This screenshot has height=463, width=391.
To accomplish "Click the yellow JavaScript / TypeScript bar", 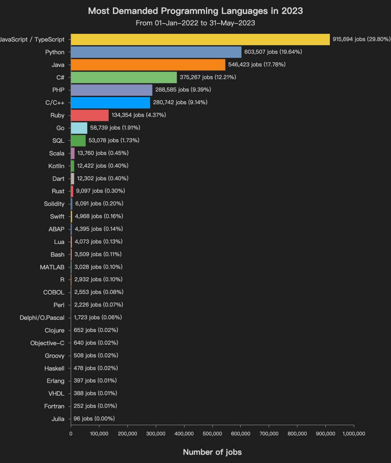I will [200, 39].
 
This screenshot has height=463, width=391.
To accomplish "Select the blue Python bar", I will [156, 52].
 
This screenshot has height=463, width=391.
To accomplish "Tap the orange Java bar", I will [148, 65].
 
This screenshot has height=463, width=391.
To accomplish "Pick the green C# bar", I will [124, 77].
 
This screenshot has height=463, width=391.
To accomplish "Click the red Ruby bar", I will [90, 115].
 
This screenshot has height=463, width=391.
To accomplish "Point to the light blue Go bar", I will [79, 128].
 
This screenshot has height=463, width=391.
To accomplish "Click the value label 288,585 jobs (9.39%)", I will [183, 90].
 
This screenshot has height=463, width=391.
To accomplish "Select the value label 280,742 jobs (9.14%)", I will [180, 102].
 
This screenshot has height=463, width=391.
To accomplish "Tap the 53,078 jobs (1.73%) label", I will [114, 140].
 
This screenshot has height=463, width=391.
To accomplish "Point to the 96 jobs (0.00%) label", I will [94, 419].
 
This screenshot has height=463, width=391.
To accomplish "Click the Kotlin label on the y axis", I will [56, 166].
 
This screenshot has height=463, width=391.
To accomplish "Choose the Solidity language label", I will [54, 204].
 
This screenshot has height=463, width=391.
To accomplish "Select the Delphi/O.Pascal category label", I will [42, 318].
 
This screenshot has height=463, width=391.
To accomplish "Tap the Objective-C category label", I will [47, 343].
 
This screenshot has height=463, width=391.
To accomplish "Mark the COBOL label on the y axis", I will [54, 292].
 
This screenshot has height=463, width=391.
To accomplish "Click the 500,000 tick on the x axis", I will [213, 434].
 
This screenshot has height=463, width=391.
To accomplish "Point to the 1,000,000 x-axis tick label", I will [354, 434].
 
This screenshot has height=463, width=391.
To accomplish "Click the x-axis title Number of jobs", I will [212, 452].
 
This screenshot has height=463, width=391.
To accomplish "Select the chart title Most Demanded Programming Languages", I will [195, 11].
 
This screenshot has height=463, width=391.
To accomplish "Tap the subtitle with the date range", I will [195, 23].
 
